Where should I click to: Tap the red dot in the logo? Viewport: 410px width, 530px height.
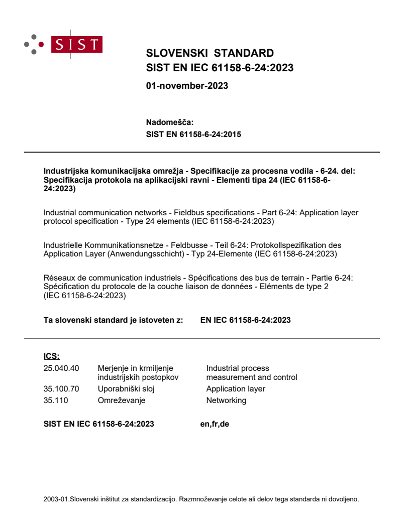point(41,44)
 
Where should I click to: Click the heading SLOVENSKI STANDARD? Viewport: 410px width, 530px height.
point(210,54)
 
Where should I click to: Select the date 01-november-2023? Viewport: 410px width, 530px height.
point(187,86)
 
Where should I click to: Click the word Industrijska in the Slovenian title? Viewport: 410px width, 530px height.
point(63,171)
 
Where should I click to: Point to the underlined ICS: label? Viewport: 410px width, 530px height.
point(52,357)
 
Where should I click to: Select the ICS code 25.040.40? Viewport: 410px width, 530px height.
point(61,368)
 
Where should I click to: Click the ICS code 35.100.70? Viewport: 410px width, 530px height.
point(61,388)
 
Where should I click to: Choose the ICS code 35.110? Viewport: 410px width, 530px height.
point(56,401)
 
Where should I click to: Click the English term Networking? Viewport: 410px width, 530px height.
point(226,401)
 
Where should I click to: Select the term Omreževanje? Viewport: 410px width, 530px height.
point(122,401)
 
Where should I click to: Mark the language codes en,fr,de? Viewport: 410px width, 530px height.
point(215,424)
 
